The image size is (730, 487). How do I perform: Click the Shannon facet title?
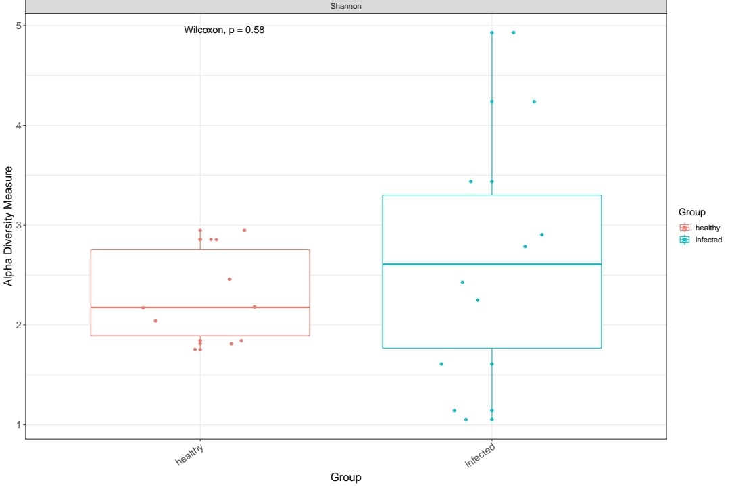pyautogui.click(x=346, y=7)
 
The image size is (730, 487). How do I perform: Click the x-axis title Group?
pyautogui.click(x=346, y=478)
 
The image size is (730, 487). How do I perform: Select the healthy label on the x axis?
pyautogui.click(x=190, y=454)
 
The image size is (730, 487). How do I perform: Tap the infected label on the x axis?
pyautogui.click(x=481, y=455)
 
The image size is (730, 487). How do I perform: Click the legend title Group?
pyautogui.click(x=692, y=213)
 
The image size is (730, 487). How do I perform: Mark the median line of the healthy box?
pyautogui.click(x=200, y=307)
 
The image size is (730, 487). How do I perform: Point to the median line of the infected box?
pyautogui.click(x=492, y=264)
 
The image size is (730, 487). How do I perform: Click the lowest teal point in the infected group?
pyautogui.click(x=466, y=419)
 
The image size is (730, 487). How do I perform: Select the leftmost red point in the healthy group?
pyautogui.click(x=143, y=308)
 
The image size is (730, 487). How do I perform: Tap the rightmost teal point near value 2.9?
pyautogui.click(x=542, y=235)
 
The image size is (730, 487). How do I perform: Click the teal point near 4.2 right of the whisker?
pyautogui.click(x=534, y=101)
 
